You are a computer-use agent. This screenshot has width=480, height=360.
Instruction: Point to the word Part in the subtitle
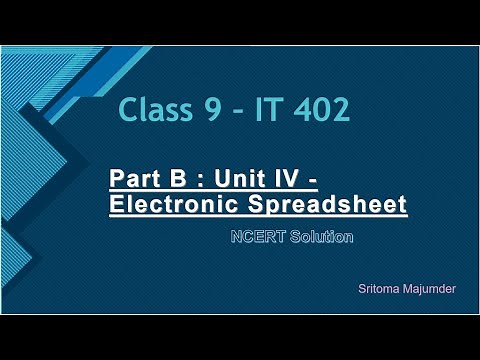tap(134, 181)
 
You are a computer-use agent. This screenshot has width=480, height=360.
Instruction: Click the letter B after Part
tap(176, 181)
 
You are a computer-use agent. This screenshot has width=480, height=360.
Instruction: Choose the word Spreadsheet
tap(329, 205)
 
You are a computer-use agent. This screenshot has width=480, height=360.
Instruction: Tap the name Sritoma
tap(378, 288)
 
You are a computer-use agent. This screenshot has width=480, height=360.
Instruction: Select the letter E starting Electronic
tap(116, 205)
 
